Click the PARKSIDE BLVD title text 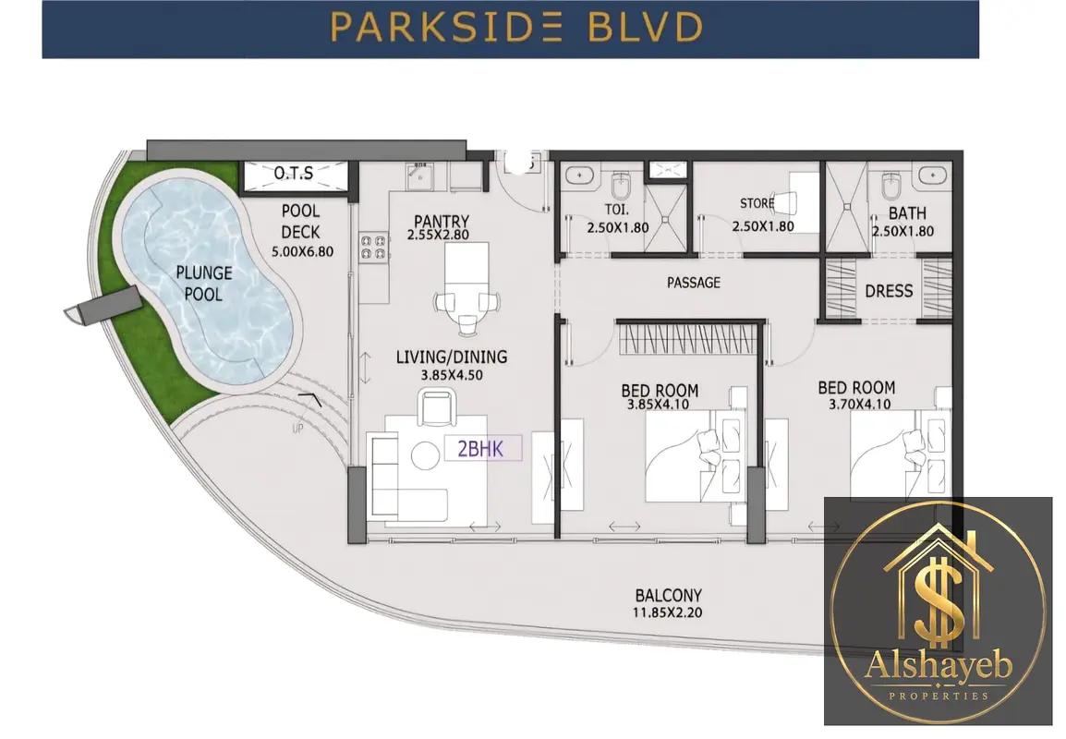pyautogui.click(x=516, y=28)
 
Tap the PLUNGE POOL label pyautogui.click(x=204, y=284)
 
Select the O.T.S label pyautogui.click(x=294, y=174)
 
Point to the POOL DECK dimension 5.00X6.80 pyautogui.click(x=303, y=251)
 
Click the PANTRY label pyautogui.click(x=442, y=221)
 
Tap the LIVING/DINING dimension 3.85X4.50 pyautogui.click(x=452, y=375)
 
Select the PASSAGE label pyautogui.click(x=694, y=282)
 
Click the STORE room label pyautogui.click(x=757, y=203)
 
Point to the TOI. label pyautogui.click(x=617, y=210)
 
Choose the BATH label pyautogui.click(x=908, y=212)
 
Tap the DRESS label pyautogui.click(x=889, y=291)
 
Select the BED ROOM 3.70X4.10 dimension pyautogui.click(x=859, y=405)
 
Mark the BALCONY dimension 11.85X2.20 pyautogui.click(x=668, y=612)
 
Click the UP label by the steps pyautogui.click(x=297, y=429)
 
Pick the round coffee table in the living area pyautogui.click(x=425, y=454)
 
